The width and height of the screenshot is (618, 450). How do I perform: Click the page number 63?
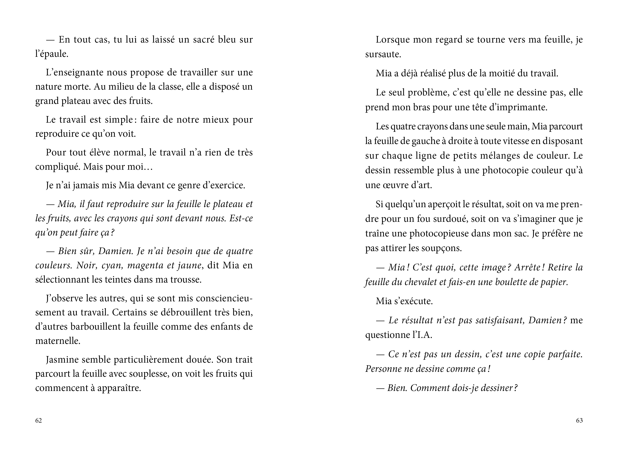tap(579, 421)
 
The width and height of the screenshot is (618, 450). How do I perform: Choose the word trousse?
tap(185, 280)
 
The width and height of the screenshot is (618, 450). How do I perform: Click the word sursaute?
tap(383, 55)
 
